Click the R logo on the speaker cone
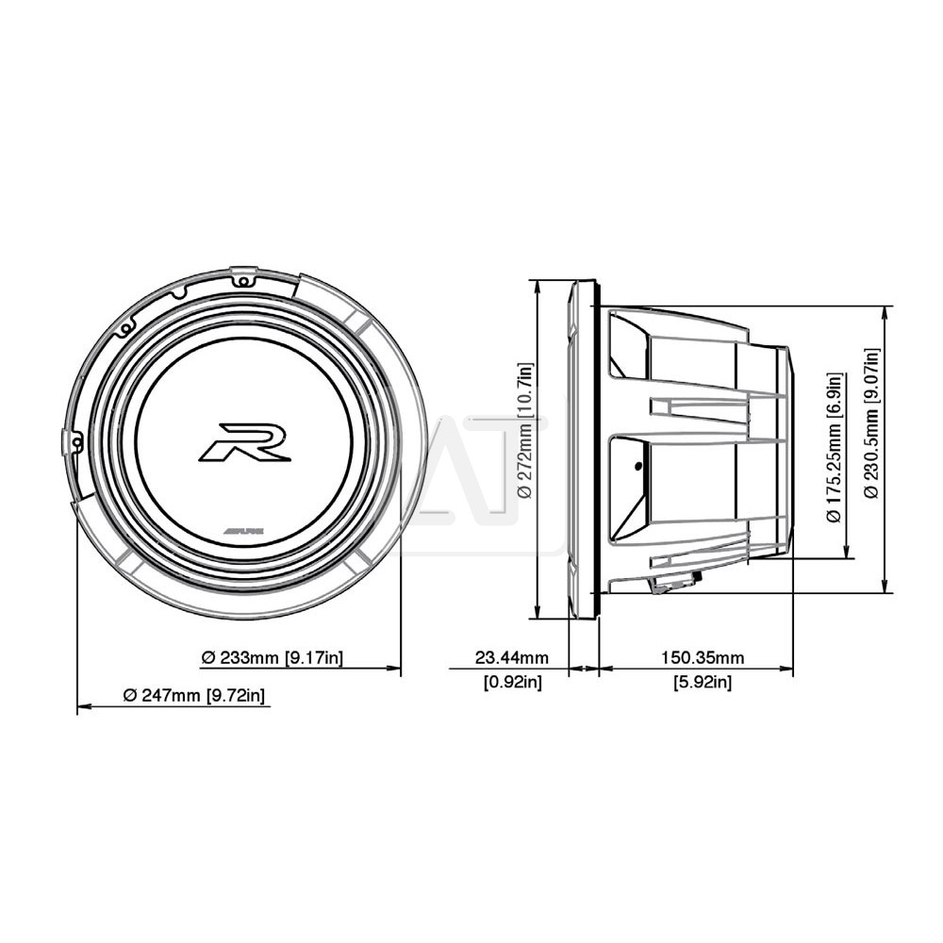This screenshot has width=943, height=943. [245, 442]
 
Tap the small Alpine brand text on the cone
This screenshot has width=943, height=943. [245, 532]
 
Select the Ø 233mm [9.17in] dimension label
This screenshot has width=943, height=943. [273, 657]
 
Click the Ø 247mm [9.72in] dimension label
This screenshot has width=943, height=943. [193, 695]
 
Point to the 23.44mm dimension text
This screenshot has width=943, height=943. [512, 657]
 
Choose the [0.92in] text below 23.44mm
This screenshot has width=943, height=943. [513, 682]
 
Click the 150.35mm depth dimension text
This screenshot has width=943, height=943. [703, 657]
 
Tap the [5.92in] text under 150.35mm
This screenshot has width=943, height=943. [703, 682]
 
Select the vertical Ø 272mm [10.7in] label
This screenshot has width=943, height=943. [525, 431]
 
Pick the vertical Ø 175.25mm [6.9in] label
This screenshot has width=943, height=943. [835, 447]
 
